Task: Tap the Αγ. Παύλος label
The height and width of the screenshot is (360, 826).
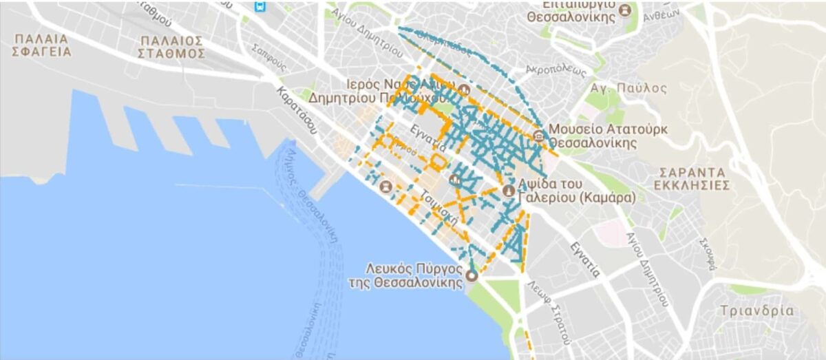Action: click(x=628, y=88)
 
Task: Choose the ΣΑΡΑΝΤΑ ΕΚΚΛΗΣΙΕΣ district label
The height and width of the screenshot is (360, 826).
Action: click(x=692, y=178)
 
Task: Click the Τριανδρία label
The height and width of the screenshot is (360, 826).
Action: click(x=756, y=310)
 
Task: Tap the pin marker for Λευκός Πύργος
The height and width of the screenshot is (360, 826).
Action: click(x=472, y=275)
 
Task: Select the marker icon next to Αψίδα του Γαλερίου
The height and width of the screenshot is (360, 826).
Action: click(x=509, y=190)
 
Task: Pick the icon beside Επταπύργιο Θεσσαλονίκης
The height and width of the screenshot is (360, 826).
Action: click(x=625, y=10)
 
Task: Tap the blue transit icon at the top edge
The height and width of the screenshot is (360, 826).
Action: click(x=260, y=6)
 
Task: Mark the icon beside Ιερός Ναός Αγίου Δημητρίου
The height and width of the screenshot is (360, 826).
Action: click(x=464, y=90)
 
